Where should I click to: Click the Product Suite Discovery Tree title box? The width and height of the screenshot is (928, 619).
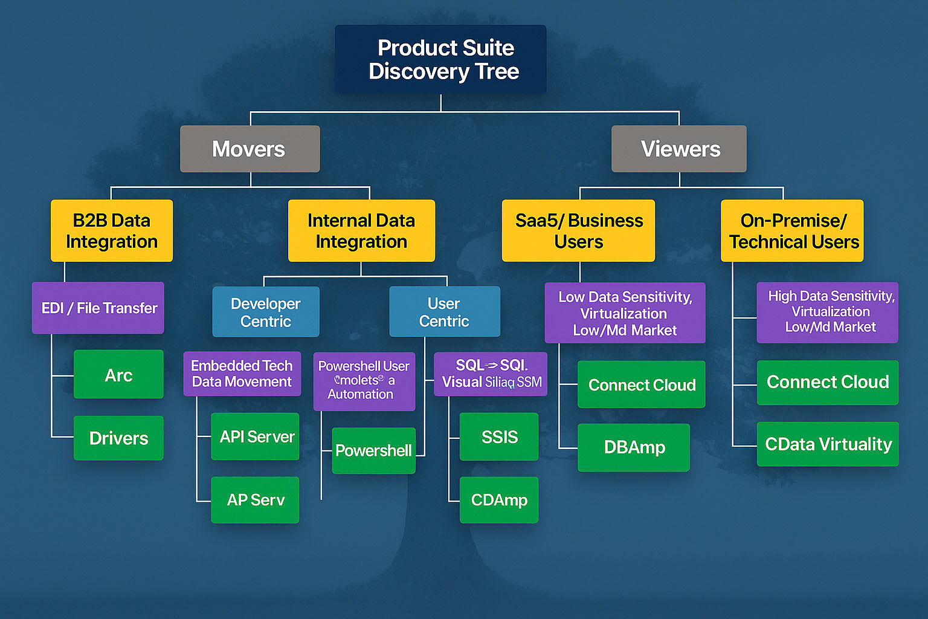tap(440, 59)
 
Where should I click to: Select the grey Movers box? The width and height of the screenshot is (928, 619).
tap(250, 149)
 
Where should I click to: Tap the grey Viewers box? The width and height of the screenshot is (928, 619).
tap(679, 149)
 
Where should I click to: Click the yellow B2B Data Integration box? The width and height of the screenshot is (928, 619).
tap(112, 230)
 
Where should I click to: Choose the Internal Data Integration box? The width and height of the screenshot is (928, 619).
tap(361, 230)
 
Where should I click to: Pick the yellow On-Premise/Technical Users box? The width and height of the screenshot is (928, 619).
tap(792, 230)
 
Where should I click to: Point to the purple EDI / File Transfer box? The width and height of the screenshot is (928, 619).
tap(98, 308)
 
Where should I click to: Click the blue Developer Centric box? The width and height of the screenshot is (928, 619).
tap(266, 312)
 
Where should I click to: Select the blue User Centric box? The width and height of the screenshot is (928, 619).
tap(445, 312)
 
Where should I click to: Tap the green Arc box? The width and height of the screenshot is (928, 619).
tap(118, 375)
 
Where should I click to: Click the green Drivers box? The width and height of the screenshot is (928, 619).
tap(118, 438)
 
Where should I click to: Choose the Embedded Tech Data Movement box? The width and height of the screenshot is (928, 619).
tap(242, 374)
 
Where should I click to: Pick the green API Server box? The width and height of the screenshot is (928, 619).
tap(255, 436)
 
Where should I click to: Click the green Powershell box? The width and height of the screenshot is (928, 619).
tap(373, 450)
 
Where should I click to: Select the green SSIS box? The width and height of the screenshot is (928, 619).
tap(499, 436)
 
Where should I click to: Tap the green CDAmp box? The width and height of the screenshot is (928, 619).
tap(499, 500)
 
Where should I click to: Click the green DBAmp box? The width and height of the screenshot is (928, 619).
tap(634, 447)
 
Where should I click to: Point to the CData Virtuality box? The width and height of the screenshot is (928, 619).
tap(828, 444)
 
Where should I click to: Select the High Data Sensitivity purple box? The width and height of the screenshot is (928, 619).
tap(828, 312)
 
